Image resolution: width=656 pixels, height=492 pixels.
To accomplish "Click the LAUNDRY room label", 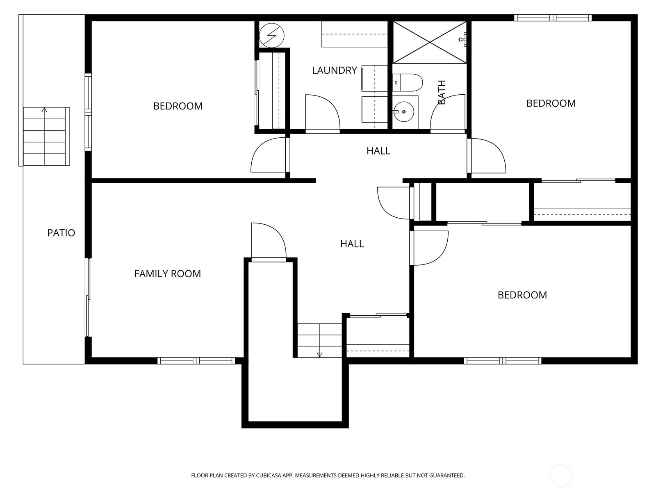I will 334,71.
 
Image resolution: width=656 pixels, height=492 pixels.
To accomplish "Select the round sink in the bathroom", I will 404,112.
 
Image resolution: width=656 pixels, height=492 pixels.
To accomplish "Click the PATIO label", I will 61,233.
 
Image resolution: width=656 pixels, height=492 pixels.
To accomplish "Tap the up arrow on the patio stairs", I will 44,110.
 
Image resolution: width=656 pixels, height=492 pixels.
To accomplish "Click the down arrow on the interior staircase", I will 320,354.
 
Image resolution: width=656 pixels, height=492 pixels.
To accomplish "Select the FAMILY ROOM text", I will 167,274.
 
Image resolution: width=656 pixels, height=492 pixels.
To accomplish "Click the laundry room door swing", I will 322,113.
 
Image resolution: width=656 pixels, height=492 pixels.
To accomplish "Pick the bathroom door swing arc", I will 448,113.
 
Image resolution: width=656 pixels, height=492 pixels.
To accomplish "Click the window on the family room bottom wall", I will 196,361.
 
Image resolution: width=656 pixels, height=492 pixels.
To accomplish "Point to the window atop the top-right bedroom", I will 553,18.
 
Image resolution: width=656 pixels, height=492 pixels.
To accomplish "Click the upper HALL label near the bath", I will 378,151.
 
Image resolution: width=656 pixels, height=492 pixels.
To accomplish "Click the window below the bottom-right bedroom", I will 502,361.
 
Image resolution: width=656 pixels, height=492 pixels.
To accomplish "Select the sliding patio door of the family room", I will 87,297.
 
